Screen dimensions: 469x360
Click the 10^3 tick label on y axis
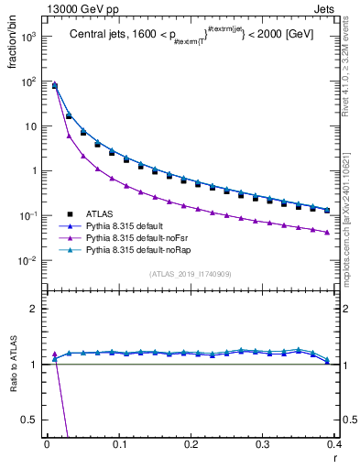pyautogui.click(x=27, y=37)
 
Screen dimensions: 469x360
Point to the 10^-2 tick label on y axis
pyautogui.click(x=27, y=260)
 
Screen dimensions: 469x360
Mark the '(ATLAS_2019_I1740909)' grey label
pyautogui.click(x=191, y=274)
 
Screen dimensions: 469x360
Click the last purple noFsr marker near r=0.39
pyautogui.click(x=327, y=232)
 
